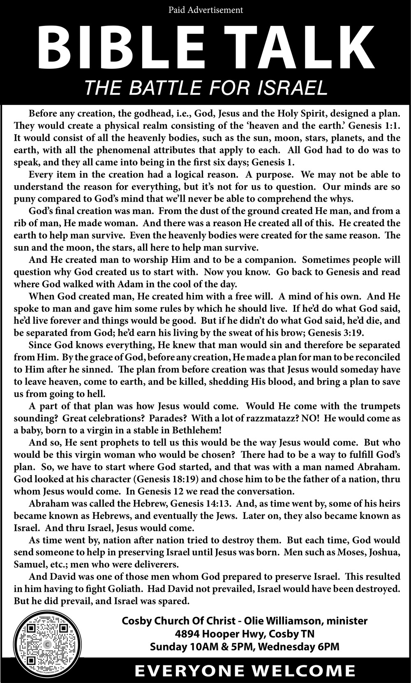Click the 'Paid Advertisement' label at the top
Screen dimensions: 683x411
tap(205, 9)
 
